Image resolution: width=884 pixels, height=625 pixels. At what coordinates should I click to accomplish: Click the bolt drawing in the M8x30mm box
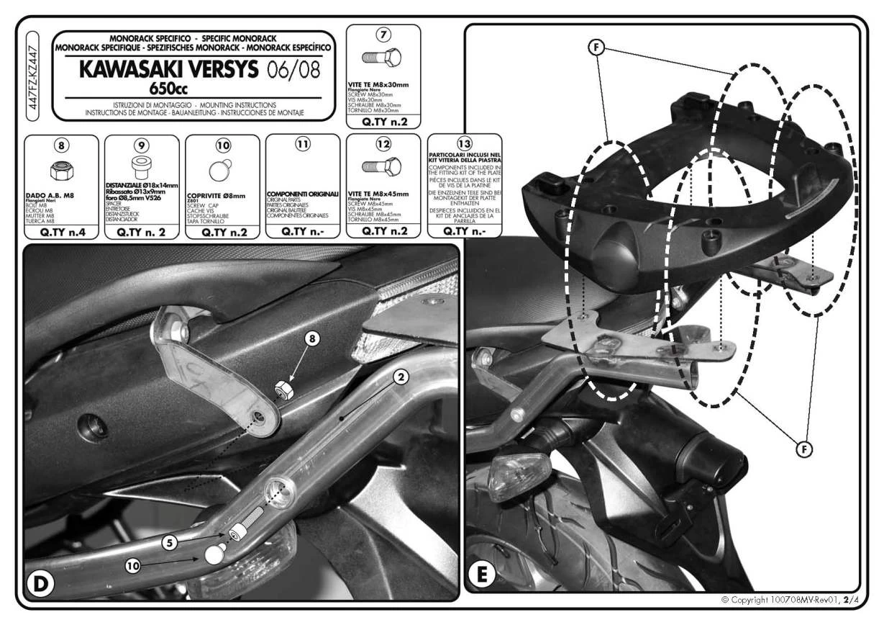tap(382, 58)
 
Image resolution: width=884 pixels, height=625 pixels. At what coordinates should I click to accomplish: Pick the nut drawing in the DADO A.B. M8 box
tap(61, 171)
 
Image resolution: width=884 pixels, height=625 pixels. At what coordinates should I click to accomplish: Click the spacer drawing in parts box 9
tap(142, 167)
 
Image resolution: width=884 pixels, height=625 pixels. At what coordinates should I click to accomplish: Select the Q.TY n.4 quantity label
tap(61, 232)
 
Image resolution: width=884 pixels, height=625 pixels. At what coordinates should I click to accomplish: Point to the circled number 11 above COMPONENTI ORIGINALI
tap(303, 144)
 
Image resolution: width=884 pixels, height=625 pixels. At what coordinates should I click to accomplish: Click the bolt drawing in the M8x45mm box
tap(382, 166)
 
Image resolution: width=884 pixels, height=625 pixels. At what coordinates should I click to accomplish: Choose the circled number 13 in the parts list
tap(464, 142)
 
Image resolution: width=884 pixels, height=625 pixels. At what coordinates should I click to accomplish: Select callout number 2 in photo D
tap(401, 377)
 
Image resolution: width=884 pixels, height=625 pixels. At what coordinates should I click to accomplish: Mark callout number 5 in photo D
tap(169, 543)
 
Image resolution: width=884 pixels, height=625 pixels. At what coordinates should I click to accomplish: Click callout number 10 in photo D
tap(133, 566)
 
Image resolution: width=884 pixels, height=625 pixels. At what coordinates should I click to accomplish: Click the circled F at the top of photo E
tap(596, 48)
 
